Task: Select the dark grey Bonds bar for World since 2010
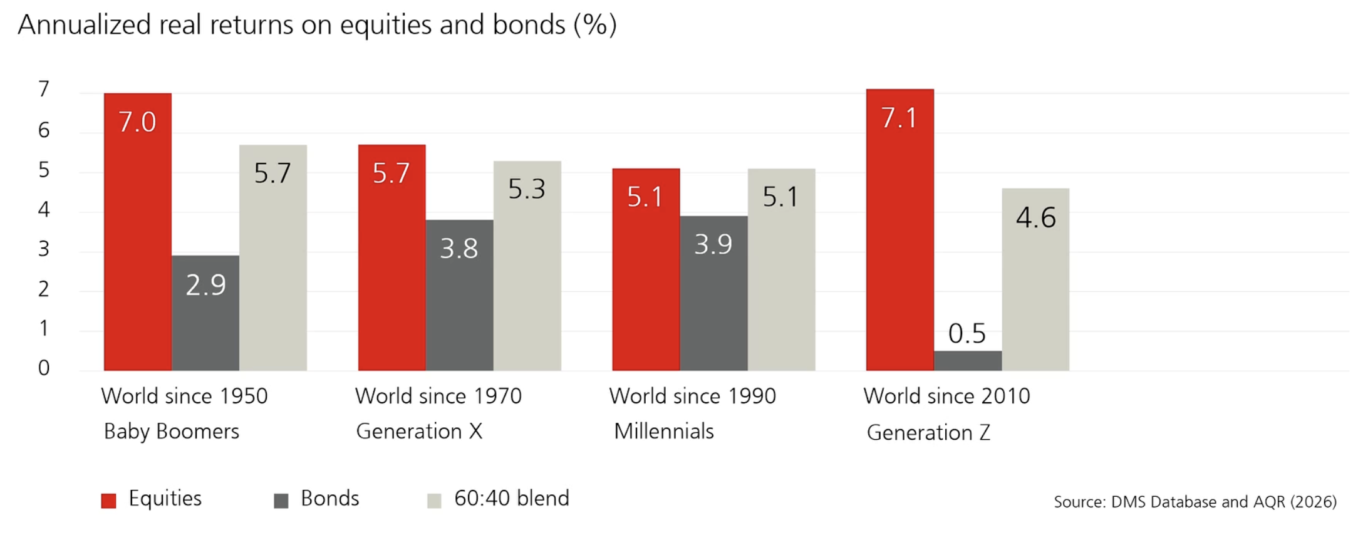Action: click(967, 361)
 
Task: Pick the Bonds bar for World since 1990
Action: click(713, 301)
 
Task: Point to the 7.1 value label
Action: click(899, 118)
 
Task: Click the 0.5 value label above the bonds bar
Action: click(967, 333)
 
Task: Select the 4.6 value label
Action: click(1035, 217)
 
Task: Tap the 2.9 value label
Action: click(205, 285)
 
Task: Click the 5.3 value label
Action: click(526, 189)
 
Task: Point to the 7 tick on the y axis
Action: click(43, 90)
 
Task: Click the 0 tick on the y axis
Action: click(43, 368)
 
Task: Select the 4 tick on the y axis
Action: click(43, 209)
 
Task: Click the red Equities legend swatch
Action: click(108, 501)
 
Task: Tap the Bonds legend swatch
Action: click(281, 501)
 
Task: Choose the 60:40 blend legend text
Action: click(511, 499)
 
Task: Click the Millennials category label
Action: click(663, 432)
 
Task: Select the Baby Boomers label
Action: click(171, 432)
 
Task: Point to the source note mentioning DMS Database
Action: click(1195, 502)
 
